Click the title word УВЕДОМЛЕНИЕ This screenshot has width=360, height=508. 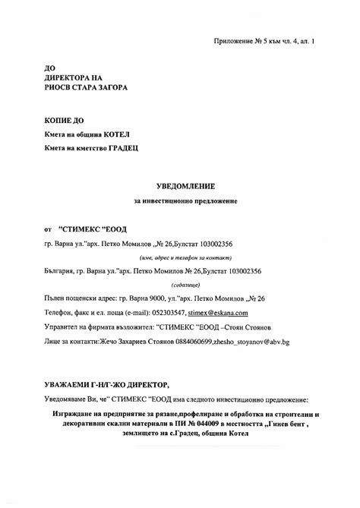(x=179, y=185)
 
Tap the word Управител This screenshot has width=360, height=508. (x=62, y=327)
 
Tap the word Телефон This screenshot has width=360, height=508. (x=58, y=312)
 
